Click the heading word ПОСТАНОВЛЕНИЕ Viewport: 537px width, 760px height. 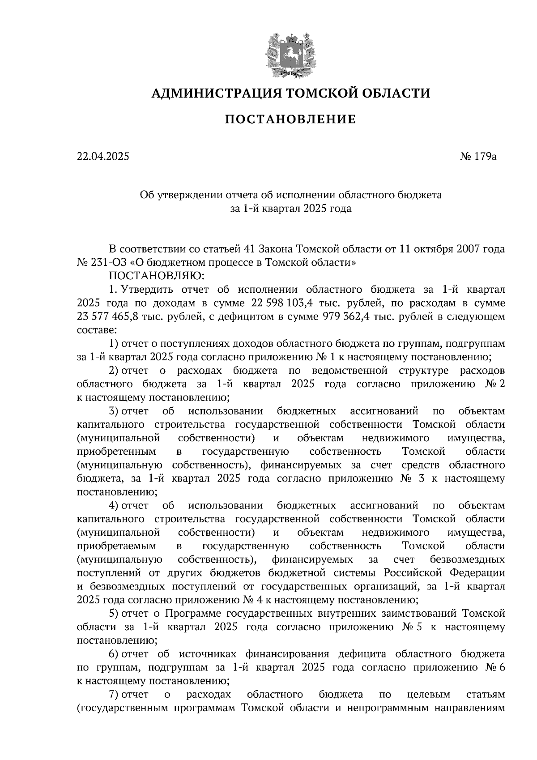(x=290, y=120)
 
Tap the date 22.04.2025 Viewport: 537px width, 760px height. (x=102, y=157)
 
